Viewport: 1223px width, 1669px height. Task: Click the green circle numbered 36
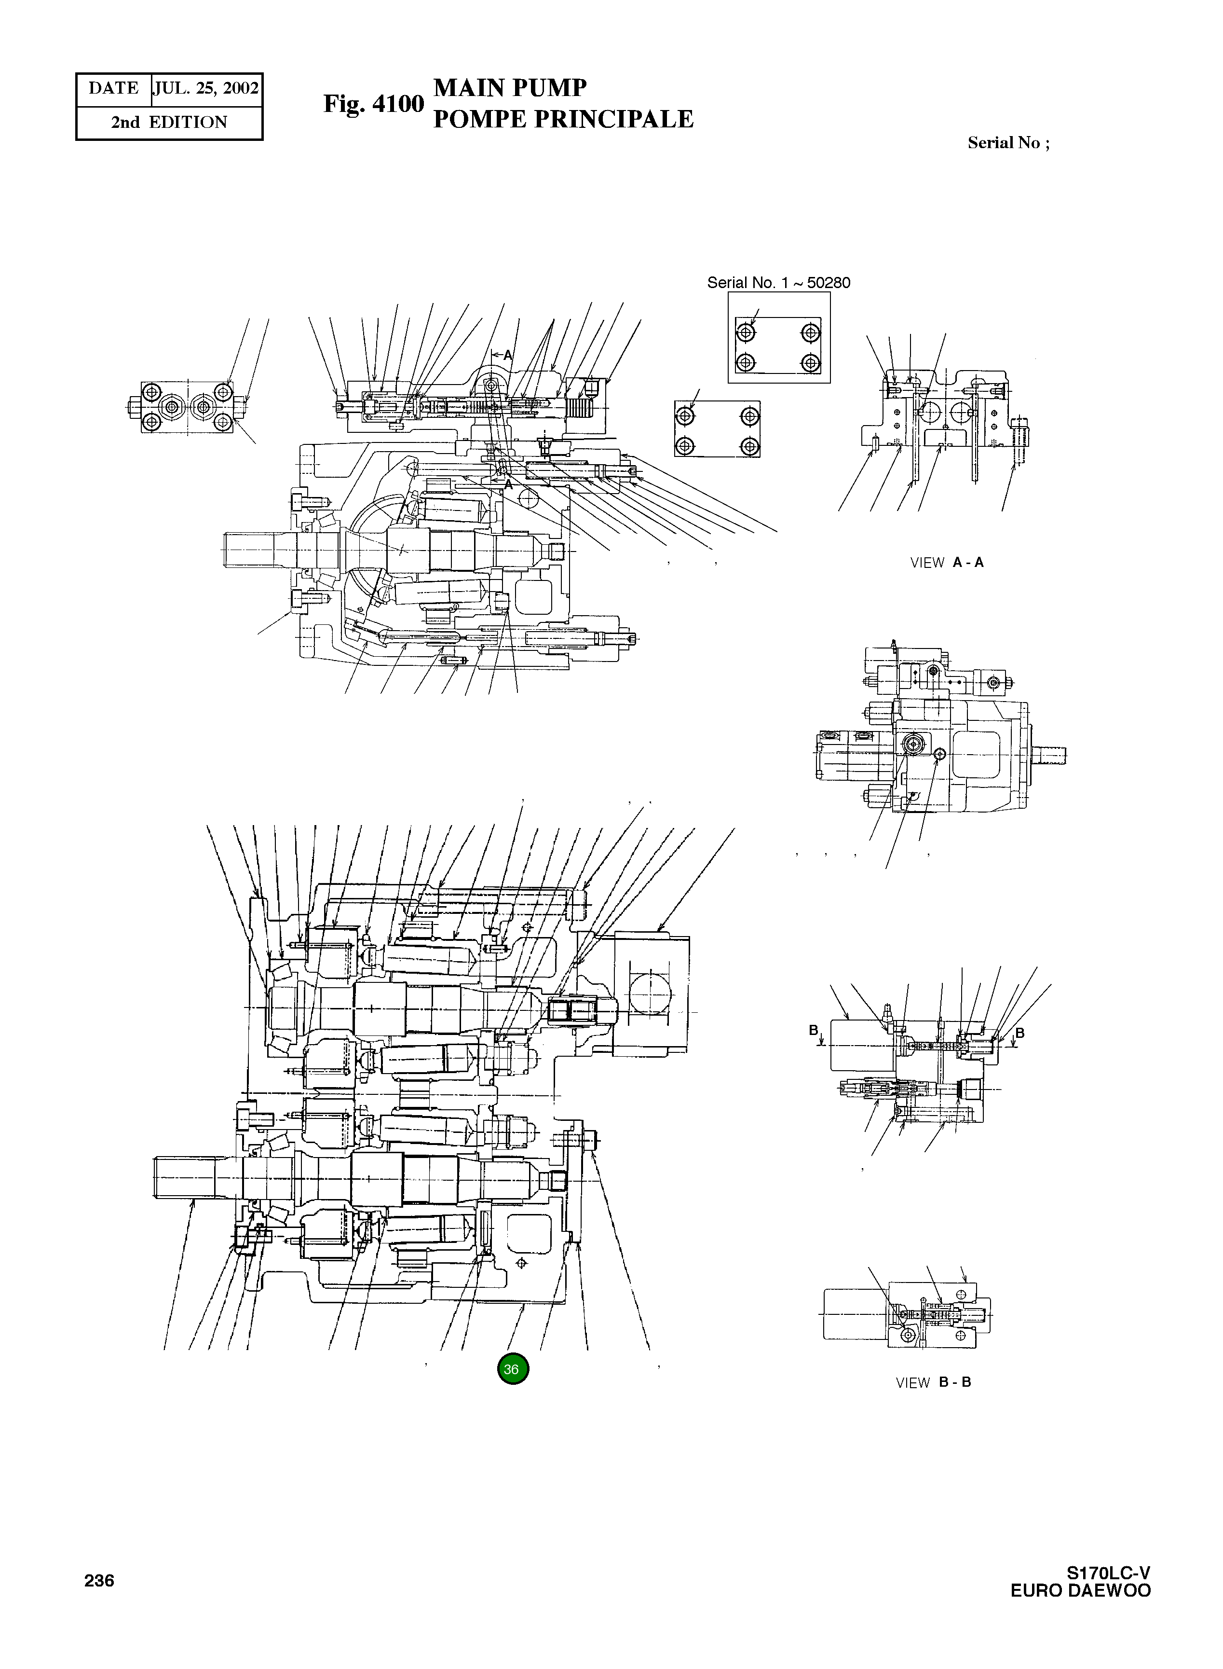[x=512, y=1368]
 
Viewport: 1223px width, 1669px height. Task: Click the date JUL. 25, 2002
[x=206, y=89]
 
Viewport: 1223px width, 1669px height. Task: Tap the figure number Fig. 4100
[x=373, y=104]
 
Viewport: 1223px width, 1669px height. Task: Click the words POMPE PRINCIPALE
[x=563, y=119]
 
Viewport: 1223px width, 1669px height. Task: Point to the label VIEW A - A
[x=946, y=562]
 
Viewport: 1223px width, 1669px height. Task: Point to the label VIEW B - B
[x=933, y=1382]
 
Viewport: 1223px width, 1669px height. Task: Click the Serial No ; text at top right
[x=1007, y=143]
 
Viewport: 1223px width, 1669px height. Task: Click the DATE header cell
[x=113, y=89]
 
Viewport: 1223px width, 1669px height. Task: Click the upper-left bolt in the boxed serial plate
[x=746, y=332]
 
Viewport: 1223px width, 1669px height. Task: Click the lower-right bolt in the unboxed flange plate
[x=750, y=446]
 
